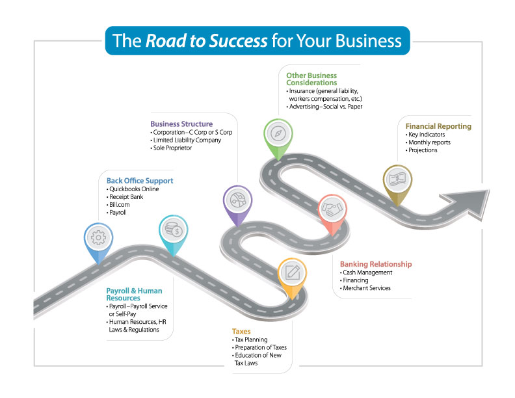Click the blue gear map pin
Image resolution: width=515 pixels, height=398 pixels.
(x=98, y=238)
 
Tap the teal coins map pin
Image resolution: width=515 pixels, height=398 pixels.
(x=174, y=230)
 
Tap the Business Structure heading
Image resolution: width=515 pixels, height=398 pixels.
(x=181, y=124)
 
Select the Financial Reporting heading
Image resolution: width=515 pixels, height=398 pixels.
(x=438, y=126)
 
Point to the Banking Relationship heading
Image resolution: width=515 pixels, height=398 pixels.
(x=376, y=264)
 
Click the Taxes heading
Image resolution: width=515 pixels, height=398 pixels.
(x=241, y=331)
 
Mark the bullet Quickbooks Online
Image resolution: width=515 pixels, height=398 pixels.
(x=134, y=189)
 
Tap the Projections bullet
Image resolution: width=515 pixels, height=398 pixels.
(x=423, y=150)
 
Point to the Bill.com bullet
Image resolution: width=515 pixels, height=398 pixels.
(x=122, y=204)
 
